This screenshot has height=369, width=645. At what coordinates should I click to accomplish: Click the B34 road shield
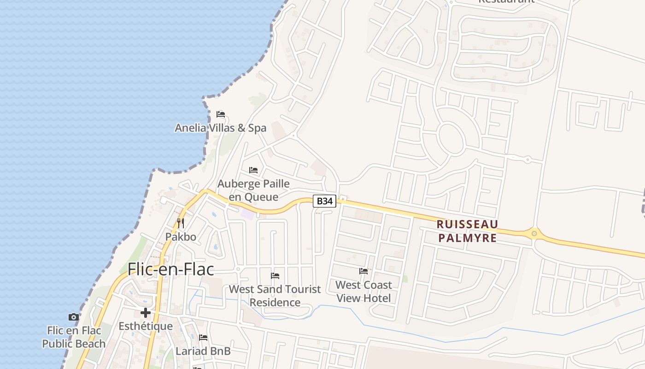coord(325,201)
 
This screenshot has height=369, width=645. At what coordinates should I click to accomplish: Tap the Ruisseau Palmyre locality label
coord(467,231)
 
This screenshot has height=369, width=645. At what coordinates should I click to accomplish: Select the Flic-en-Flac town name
coord(171,269)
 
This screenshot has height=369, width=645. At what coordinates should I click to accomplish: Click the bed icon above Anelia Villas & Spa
coord(221,114)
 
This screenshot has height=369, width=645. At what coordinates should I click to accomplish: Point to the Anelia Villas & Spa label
coord(221,128)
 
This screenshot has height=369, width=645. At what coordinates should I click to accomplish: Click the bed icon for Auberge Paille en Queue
coord(253,170)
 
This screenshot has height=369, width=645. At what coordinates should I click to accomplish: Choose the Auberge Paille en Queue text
coord(253,190)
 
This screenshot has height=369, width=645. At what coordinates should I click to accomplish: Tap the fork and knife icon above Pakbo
coord(181,224)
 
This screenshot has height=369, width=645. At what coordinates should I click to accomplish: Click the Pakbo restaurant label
coord(181,237)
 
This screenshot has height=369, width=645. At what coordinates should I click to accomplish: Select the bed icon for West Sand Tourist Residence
coord(275,276)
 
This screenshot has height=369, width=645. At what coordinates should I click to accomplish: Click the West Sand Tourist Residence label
coord(275,296)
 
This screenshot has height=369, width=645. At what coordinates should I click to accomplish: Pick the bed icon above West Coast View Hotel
coord(364,271)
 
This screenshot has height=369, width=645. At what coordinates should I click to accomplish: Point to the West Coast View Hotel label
coord(364,291)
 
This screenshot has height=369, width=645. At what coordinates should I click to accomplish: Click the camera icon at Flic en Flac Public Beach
coord(74,317)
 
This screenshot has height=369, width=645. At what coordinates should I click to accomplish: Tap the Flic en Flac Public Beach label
coord(74,337)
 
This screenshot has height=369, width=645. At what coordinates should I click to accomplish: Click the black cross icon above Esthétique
coord(146,313)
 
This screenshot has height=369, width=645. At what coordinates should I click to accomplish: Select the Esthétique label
coord(146,327)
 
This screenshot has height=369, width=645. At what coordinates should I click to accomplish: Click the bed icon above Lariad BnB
coord(203,338)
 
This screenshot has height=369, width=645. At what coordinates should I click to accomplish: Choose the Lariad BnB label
coord(203,351)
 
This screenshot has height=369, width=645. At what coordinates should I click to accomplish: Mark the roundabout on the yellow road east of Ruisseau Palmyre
coord(534,233)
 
